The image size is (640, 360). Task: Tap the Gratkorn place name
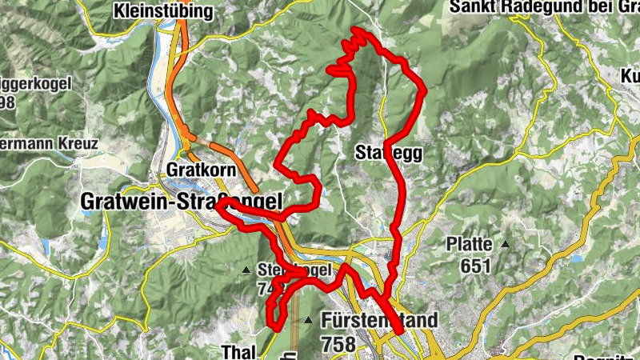tap(198, 170)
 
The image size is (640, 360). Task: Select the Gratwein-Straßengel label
tap(182, 203)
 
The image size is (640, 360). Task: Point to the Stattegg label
tap(389, 152)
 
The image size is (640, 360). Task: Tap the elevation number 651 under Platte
tap(474, 266)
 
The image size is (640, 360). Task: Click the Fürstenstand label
tap(379, 321)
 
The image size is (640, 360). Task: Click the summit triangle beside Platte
tap(506, 244)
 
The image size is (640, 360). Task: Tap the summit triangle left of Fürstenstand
tap(309, 321)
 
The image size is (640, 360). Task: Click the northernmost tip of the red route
tap(354, 30)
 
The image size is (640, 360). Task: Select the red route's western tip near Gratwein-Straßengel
tap(218, 204)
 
